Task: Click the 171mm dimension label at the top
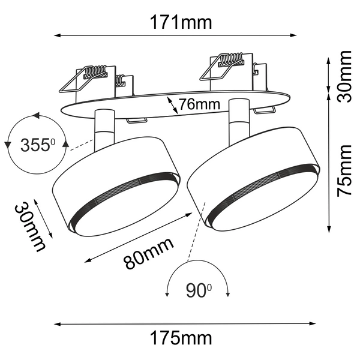[179, 23]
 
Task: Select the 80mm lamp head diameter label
[148, 252]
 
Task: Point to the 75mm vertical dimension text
[344, 171]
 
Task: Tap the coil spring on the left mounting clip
[94, 74]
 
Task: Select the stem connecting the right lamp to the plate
[238, 114]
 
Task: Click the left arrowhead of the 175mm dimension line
[57, 324]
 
